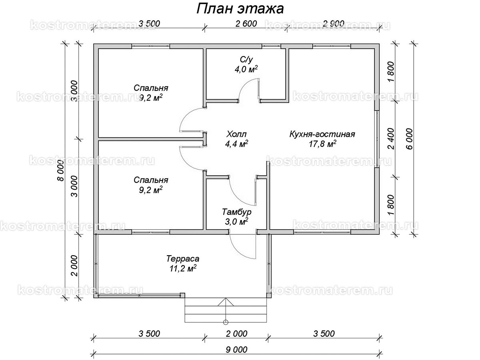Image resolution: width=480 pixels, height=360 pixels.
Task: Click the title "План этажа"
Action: (x=240, y=9)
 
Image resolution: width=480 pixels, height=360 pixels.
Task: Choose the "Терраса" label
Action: (x=183, y=259)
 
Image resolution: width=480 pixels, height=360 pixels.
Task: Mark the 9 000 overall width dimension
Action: (x=236, y=349)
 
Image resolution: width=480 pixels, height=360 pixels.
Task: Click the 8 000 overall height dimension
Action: (x=61, y=173)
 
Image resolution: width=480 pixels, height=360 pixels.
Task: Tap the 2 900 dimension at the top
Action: (x=333, y=24)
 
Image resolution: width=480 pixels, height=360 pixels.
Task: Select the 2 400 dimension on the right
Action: (x=392, y=138)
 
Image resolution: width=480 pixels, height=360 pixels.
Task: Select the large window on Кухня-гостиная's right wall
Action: (x=377, y=138)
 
